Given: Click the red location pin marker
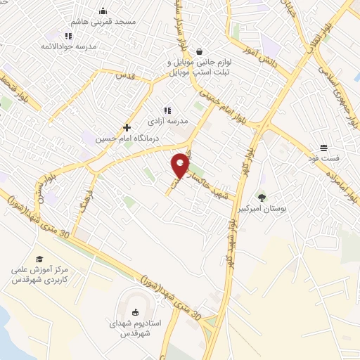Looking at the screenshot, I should click(x=181, y=165).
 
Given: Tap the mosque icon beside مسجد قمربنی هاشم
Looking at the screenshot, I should click(x=103, y=11).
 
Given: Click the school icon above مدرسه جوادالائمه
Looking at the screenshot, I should click(x=67, y=36).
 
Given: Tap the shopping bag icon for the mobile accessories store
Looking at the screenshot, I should click(x=200, y=51).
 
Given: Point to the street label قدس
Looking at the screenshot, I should click(x=124, y=75).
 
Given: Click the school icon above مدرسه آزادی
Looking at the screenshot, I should click(x=167, y=110).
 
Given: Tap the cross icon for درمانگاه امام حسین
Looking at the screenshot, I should click(x=127, y=128).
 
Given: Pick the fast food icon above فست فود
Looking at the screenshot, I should click(x=323, y=148).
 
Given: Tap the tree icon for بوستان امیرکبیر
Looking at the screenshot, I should click(x=262, y=198).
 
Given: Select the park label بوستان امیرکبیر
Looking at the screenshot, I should click(x=263, y=209).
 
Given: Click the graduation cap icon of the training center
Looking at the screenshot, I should click(x=39, y=259).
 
